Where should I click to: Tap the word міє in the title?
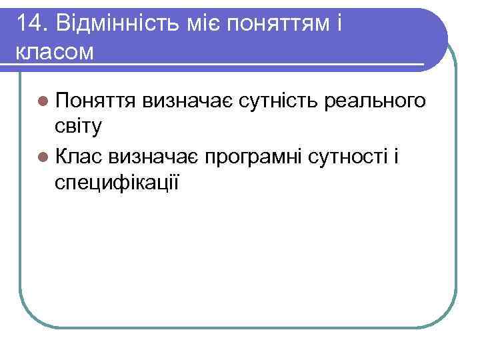tap(202, 23)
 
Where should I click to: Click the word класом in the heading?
tap(53, 51)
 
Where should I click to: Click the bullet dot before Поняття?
tap(43, 102)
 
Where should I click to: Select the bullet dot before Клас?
tap(43, 157)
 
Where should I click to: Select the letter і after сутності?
tap(396, 155)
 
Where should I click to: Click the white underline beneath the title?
tap(213, 65)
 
